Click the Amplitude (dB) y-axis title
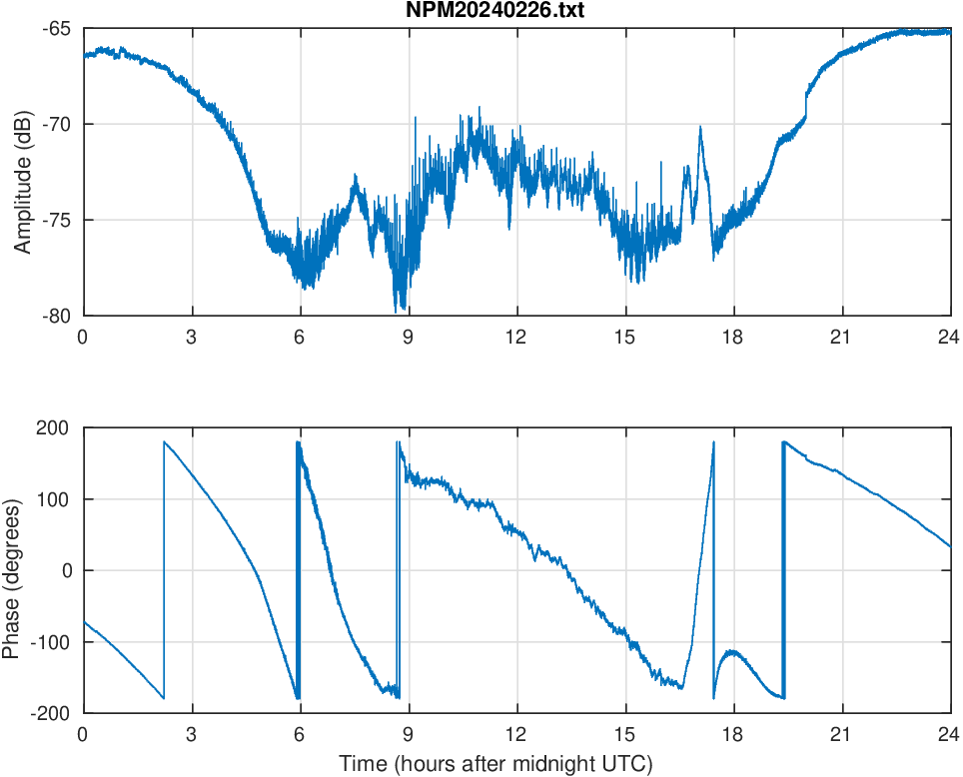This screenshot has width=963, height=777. [23, 172]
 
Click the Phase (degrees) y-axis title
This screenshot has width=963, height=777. [12, 570]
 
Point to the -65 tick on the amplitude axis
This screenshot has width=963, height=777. [56, 29]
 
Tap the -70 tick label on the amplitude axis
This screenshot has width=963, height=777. [56, 124]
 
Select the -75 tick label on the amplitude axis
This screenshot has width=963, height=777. [56, 220]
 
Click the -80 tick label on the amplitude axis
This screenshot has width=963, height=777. [56, 316]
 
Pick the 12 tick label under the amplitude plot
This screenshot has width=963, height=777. [516, 337]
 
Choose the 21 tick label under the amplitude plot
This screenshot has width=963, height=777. [841, 337]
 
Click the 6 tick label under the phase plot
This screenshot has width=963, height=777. [300, 734]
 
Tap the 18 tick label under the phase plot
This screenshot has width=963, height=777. [733, 734]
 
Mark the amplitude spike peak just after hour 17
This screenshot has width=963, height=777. [700, 128]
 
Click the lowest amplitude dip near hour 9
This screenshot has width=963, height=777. [400, 310]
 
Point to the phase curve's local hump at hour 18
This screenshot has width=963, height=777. [733, 651]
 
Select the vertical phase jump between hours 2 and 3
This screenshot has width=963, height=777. [164, 569]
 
